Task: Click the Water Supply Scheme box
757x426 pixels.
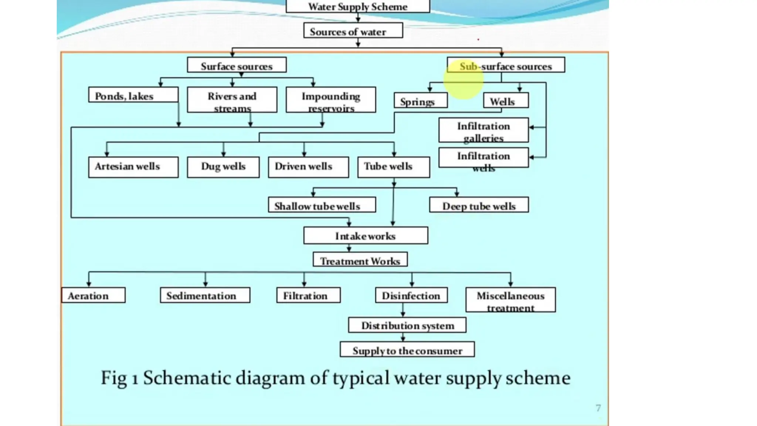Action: click(x=358, y=7)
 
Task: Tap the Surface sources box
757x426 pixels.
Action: click(x=237, y=65)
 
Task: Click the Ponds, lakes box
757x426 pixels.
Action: click(x=133, y=95)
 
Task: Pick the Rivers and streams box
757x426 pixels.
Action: click(x=232, y=99)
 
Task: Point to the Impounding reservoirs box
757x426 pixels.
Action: click(x=331, y=99)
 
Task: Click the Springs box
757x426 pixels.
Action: click(x=420, y=101)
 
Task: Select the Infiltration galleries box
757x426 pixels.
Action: click(x=483, y=130)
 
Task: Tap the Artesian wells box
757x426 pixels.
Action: click(x=133, y=167)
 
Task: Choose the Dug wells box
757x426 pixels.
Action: click(x=223, y=167)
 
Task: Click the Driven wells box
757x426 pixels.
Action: click(x=308, y=167)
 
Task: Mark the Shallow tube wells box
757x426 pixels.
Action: click(x=322, y=205)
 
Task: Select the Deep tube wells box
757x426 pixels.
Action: click(x=479, y=205)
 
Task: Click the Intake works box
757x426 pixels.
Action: click(x=366, y=236)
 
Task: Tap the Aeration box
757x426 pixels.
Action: click(x=93, y=295)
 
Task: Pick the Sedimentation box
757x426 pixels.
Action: click(x=205, y=295)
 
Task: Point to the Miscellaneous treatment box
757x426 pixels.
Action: click(x=510, y=300)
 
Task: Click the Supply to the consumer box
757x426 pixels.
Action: click(x=407, y=350)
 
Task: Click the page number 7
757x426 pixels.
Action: click(x=598, y=408)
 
